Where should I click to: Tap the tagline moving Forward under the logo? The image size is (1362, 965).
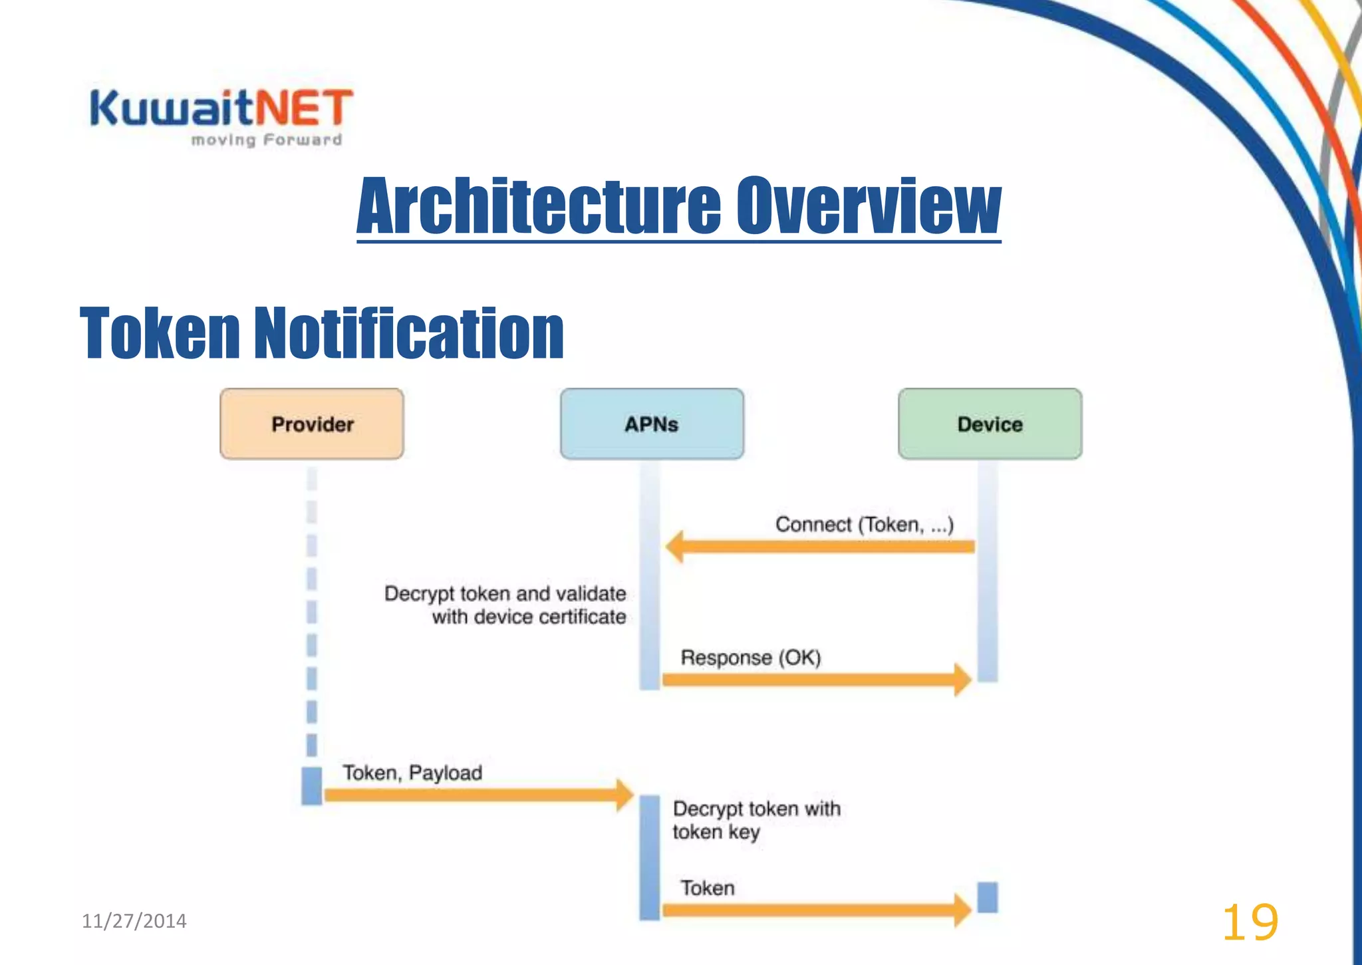pyautogui.click(x=266, y=140)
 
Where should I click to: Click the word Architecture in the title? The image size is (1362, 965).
pyautogui.click(x=539, y=206)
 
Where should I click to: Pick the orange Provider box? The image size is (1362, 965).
pyautogui.click(x=312, y=424)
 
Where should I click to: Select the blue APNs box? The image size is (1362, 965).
pyautogui.click(x=652, y=424)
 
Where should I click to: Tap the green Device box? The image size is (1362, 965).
pyautogui.click(x=990, y=424)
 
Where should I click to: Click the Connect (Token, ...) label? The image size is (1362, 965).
pyautogui.click(x=864, y=525)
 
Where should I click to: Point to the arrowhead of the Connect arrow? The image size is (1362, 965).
pyautogui.click(x=675, y=547)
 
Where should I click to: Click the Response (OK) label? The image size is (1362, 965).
pyautogui.click(x=751, y=658)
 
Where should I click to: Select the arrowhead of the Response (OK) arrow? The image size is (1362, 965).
pyautogui.click(x=962, y=680)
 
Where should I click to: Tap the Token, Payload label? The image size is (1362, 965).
pyautogui.click(x=412, y=773)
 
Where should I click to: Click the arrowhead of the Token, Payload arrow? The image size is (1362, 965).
pyautogui.click(x=624, y=795)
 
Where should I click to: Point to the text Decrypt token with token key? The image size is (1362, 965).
pyautogui.click(x=756, y=820)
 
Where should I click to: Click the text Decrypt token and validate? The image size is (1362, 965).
pyautogui.click(x=505, y=594)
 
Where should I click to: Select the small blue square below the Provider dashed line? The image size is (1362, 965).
pyautogui.click(x=312, y=785)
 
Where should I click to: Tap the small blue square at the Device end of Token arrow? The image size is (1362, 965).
pyautogui.click(x=988, y=897)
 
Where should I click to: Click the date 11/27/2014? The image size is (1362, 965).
pyautogui.click(x=134, y=921)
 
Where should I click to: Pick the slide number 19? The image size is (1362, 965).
pyautogui.click(x=1250, y=922)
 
